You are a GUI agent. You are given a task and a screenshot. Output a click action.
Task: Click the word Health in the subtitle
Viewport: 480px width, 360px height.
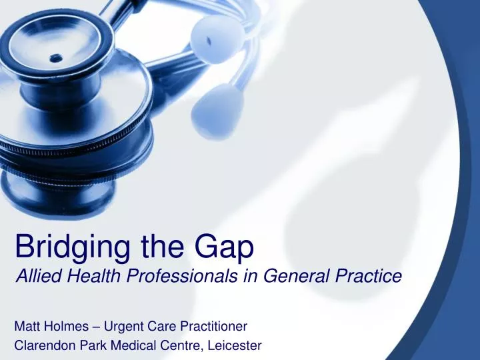tap(83, 275)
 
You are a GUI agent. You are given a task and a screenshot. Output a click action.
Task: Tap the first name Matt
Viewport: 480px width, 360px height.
tap(26, 326)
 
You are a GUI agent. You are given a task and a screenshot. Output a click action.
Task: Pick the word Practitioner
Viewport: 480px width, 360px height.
tap(212, 326)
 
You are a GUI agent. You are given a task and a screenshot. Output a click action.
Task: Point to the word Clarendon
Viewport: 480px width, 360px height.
tap(41, 345)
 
